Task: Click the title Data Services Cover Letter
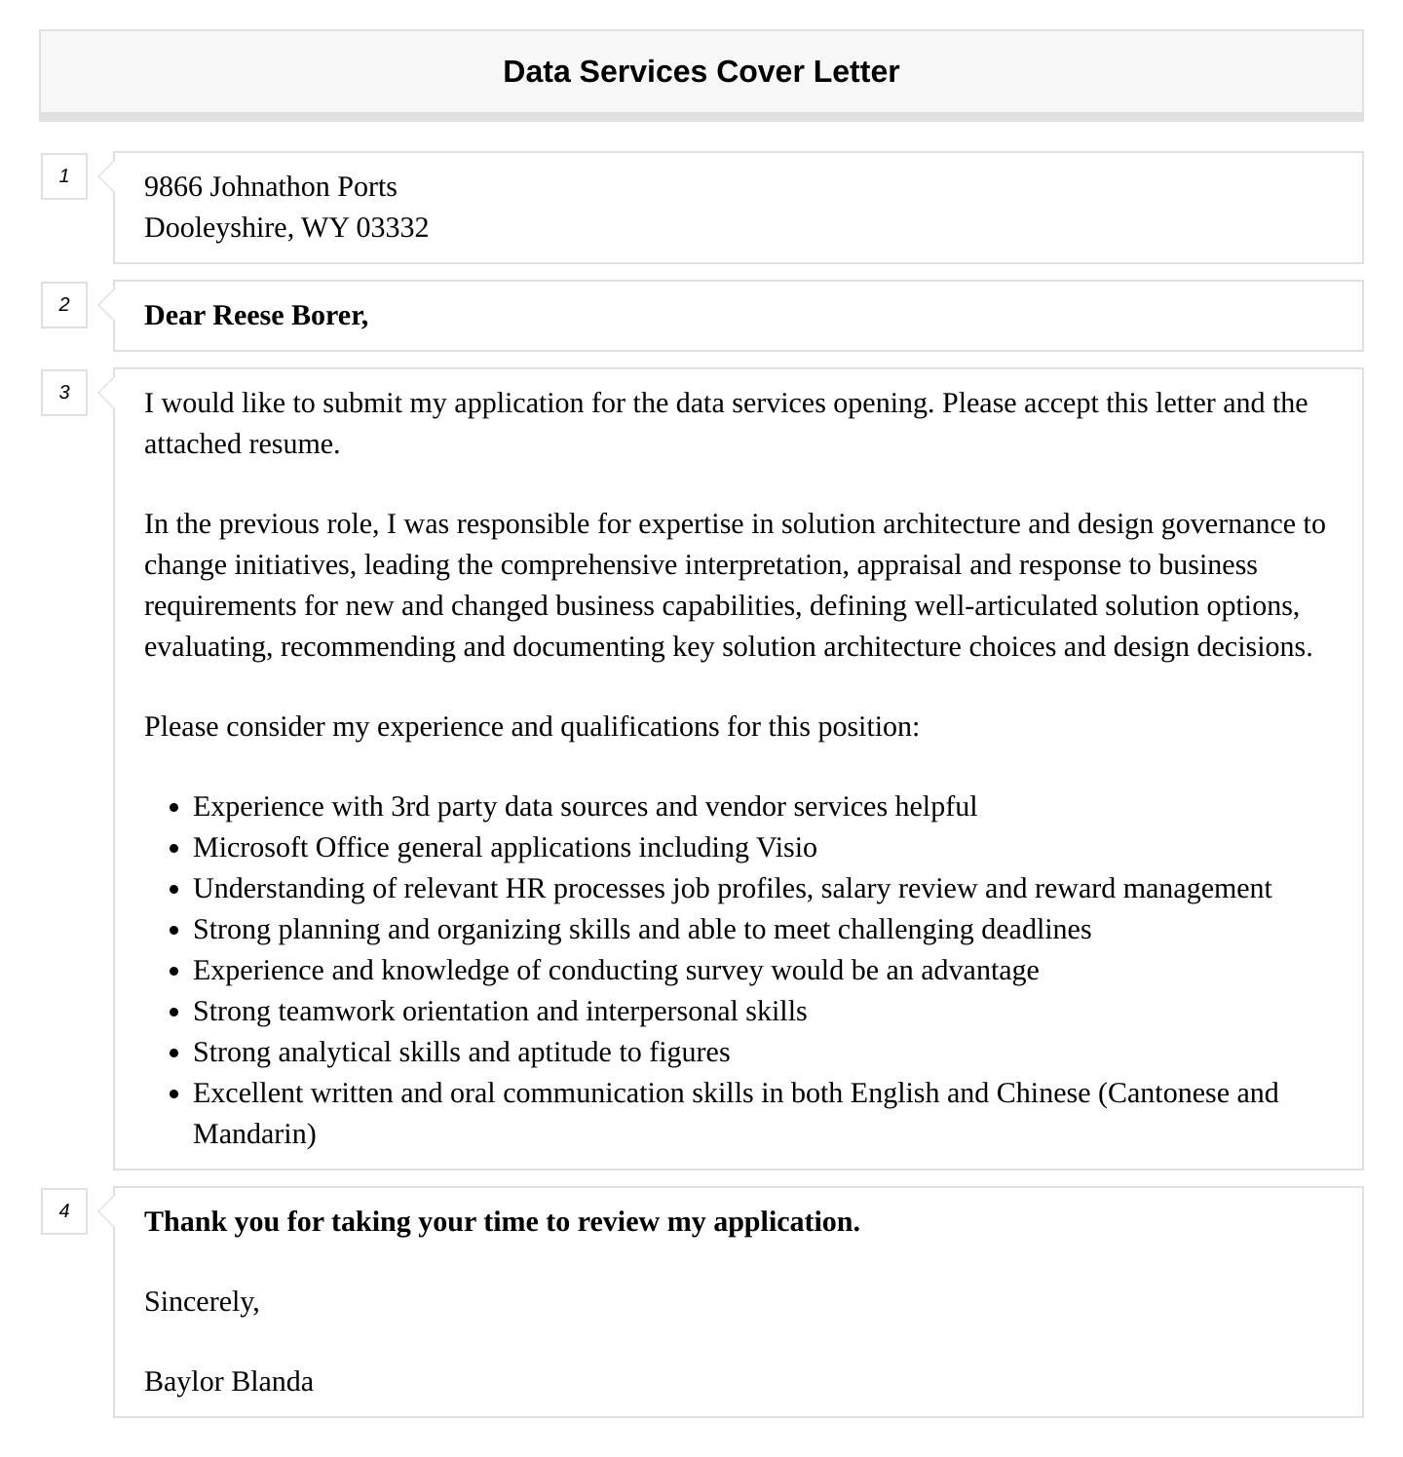pos(701,71)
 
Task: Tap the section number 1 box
pos(64,176)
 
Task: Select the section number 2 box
pos(64,305)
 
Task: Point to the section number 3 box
pos(64,393)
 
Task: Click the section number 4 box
pos(64,1211)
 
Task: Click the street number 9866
pos(172,186)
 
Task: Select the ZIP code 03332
pos(392,227)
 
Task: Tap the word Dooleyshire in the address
pos(216,227)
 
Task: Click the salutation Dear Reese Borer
pos(255,315)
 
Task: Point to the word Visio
pos(786,847)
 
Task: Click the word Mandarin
pos(252,1133)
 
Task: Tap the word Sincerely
pos(201,1301)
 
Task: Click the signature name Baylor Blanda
pos(228,1381)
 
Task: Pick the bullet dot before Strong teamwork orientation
pos(174,1013)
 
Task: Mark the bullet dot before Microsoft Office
pos(174,849)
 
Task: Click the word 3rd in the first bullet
pos(410,806)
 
